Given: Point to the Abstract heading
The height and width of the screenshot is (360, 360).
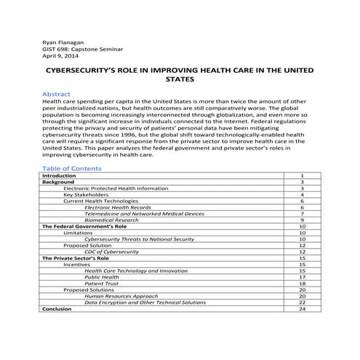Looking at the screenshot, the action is [56, 95].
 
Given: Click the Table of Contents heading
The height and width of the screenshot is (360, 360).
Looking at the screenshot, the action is [73, 168].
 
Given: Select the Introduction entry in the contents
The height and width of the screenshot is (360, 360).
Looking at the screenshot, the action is [59, 176].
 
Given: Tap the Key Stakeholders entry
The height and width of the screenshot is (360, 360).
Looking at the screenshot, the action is [86, 195].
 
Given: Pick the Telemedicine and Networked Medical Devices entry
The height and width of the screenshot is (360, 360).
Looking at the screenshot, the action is [144, 214].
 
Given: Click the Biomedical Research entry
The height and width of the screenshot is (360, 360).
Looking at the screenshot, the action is [115, 220].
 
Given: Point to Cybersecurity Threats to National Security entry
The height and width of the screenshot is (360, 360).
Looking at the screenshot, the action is [139, 239].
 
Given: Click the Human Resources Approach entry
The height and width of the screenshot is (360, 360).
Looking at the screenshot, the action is [121, 296].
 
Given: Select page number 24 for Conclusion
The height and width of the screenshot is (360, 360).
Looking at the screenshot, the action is [302, 309].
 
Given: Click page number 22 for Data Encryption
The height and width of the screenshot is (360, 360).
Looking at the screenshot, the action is [302, 303].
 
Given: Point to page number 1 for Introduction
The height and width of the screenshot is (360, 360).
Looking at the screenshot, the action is [302, 176].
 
